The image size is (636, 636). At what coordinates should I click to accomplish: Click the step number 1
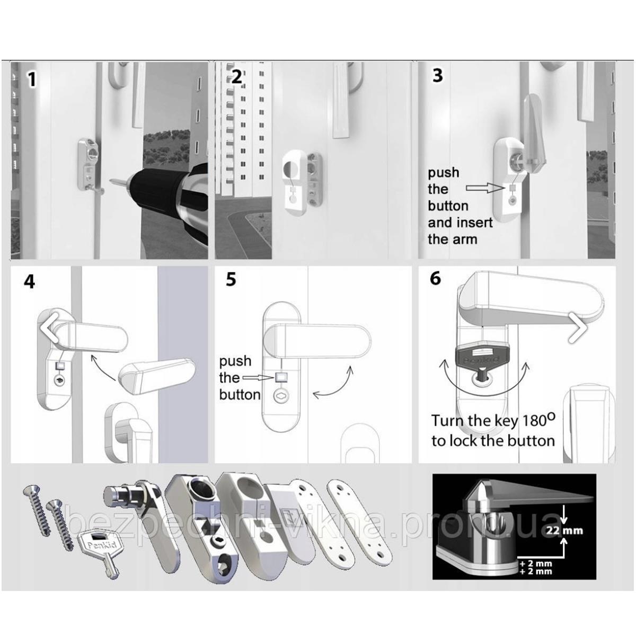32,79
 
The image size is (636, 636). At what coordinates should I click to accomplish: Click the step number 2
236,77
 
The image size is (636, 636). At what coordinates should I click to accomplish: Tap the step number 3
437,75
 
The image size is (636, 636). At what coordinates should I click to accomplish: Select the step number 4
29,281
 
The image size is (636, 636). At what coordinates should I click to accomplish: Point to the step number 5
231,279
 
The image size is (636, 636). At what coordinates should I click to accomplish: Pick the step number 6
435,278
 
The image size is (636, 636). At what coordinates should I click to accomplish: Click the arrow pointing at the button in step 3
483,188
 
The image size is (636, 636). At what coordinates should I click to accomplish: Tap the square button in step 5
281,377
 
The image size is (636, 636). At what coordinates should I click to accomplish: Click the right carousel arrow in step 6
578,329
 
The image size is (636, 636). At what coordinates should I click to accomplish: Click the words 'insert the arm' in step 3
460,231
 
